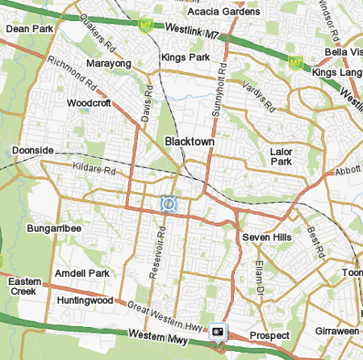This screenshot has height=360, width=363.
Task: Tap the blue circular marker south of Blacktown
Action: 168,204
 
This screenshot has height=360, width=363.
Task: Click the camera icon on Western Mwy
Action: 218,331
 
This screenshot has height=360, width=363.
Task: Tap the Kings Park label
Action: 184,58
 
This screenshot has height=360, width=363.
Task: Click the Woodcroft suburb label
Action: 90,103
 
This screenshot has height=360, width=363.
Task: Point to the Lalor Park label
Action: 282,156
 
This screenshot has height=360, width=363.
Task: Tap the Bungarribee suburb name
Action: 54,228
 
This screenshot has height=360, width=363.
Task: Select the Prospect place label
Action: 269,335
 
